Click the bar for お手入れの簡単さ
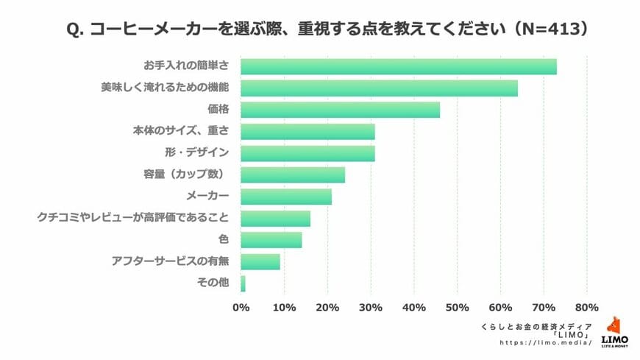(x=398, y=66)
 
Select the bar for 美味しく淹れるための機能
(x=379, y=88)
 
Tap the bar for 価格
(x=340, y=110)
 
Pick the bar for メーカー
(x=285, y=197)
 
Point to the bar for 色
(x=271, y=240)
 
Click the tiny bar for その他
(x=243, y=283)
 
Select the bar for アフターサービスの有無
(x=260, y=261)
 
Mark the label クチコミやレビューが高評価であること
(x=133, y=219)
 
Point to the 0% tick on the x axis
(x=241, y=307)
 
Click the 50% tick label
(x=458, y=307)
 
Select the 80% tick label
(x=587, y=307)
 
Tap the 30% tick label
(x=371, y=307)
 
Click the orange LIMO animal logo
(x=614, y=327)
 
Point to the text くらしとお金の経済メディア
(x=536, y=325)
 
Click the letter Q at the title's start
(x=72, y=29)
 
